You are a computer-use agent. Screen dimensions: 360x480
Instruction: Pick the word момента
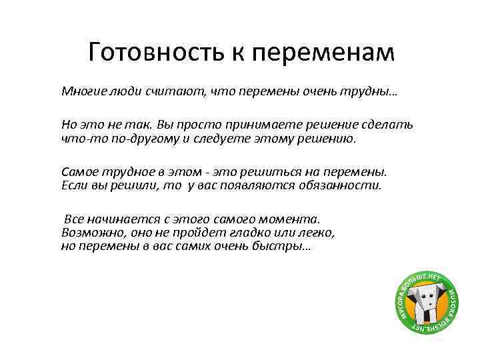click(x=291, y=218)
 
